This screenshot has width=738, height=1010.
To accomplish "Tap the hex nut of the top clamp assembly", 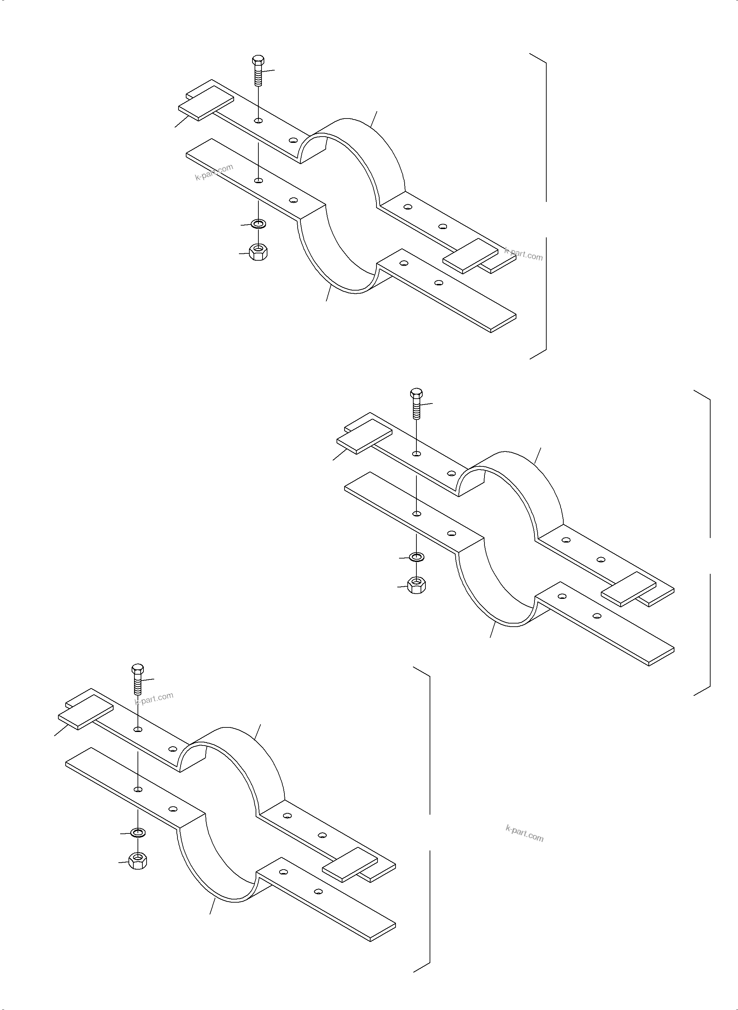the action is coord(258,253).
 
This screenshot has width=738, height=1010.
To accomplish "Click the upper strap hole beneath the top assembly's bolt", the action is coord(258,121).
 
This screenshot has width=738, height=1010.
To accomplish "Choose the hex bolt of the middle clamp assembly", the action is coord(416,403).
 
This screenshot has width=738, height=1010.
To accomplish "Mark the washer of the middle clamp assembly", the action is coord(416,557).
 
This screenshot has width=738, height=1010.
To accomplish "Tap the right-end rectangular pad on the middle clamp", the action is coord(629,588).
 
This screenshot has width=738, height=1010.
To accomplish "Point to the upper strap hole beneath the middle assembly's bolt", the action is coord(416,454).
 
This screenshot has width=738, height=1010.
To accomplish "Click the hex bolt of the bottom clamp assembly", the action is coord(138,679).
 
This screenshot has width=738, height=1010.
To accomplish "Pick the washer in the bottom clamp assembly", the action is coord(138,832).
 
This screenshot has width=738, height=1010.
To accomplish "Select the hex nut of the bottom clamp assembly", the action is coord(138,860).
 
